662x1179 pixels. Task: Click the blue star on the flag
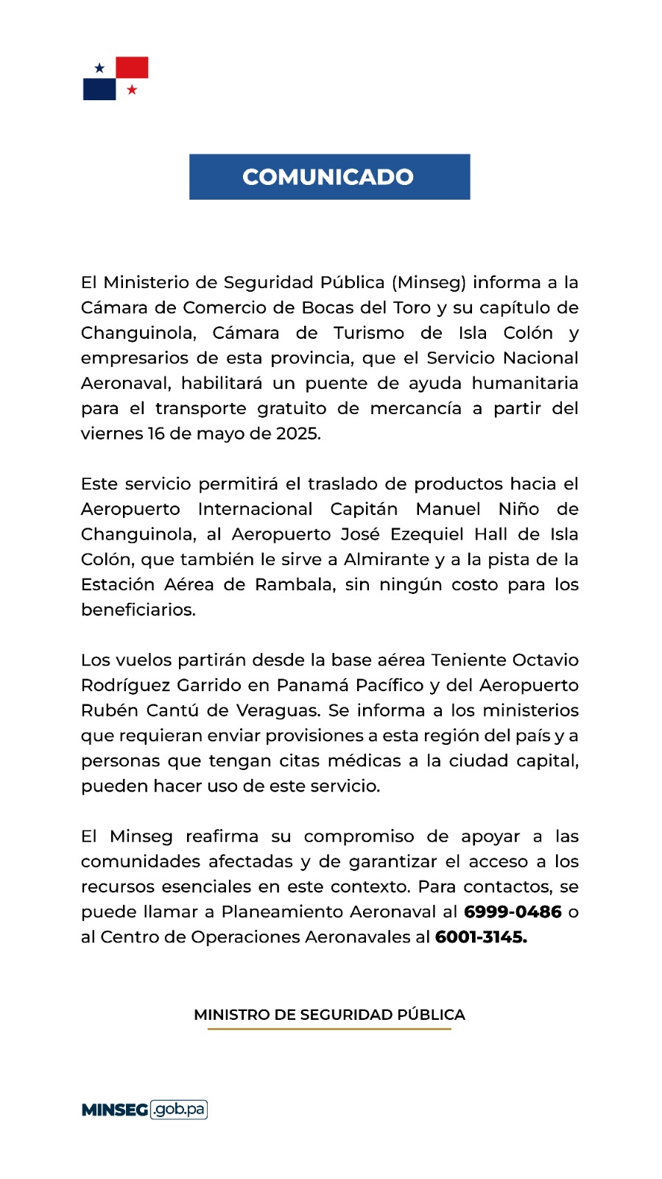click(x=99, y=68)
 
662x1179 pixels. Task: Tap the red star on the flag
click(x=132, y=90)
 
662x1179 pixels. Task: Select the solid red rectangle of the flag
click(x=133, y=67)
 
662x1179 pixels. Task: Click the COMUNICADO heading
click(x=328, y=177)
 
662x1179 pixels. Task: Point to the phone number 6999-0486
click(x=513, y=912)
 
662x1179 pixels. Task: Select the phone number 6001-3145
click(x=481, y=937)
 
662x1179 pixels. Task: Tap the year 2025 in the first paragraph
click(x=297, y=433)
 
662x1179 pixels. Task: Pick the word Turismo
click(x=369, y=333)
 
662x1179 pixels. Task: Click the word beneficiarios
click(x=138, y=609)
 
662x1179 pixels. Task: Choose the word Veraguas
click(x=278, y=710)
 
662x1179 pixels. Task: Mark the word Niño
click(x=518, y=509)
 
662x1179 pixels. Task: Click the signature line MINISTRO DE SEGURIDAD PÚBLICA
click(x=329, y=1015)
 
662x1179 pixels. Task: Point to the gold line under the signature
click(x=329, y=1029)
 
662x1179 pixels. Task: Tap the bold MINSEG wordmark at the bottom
click(x=115, y=1110)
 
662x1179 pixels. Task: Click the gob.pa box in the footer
click(x=179, y=1109)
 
